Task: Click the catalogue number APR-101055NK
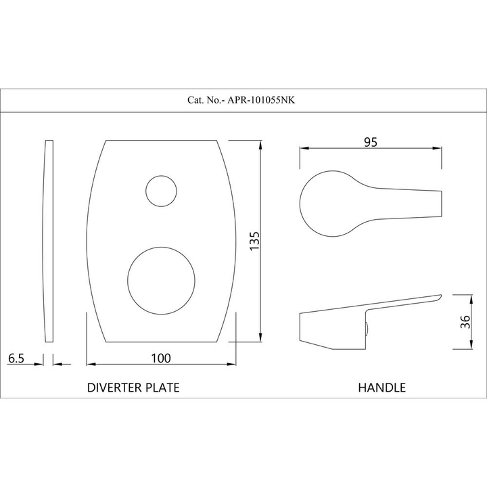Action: pyautogui.click(x=261, y=100)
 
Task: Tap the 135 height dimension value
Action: pyautogui.click(x=254, y=241)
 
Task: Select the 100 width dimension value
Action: pyautogui.click(x=161, y=358)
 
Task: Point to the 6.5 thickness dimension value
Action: pyautogui.click(x=16, y=358)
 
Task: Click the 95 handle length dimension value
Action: pyautogui.click(x=371, y=142)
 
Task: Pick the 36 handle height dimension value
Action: pyautogui.click(x=465, y=322)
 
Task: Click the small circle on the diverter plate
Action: pyautogui.click(x=161, y=176)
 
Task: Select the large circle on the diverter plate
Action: pyautogui.click(x=161, y=248)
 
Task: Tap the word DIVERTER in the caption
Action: pyautogui.click(x=115, y=388)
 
